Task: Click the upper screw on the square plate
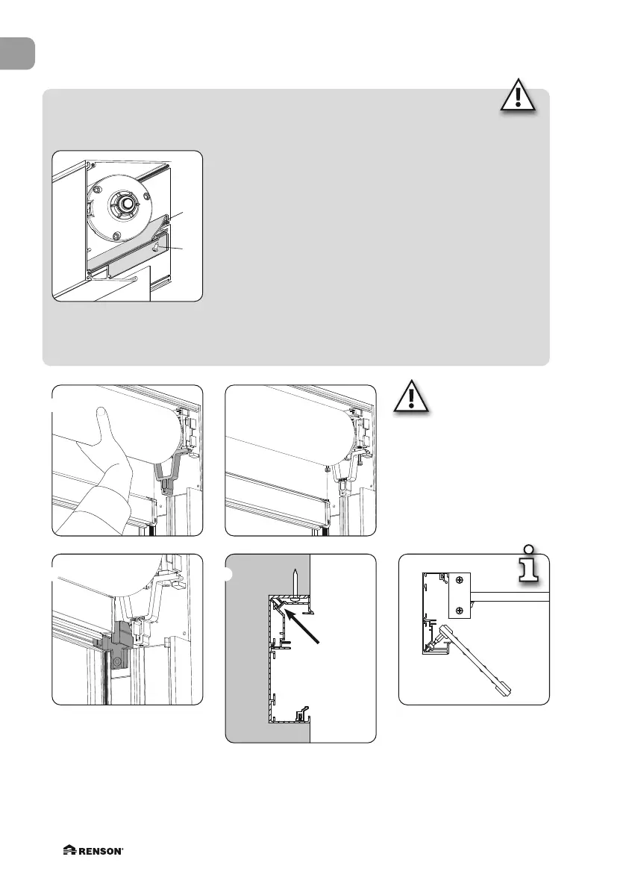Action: click(x=460, y=579)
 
